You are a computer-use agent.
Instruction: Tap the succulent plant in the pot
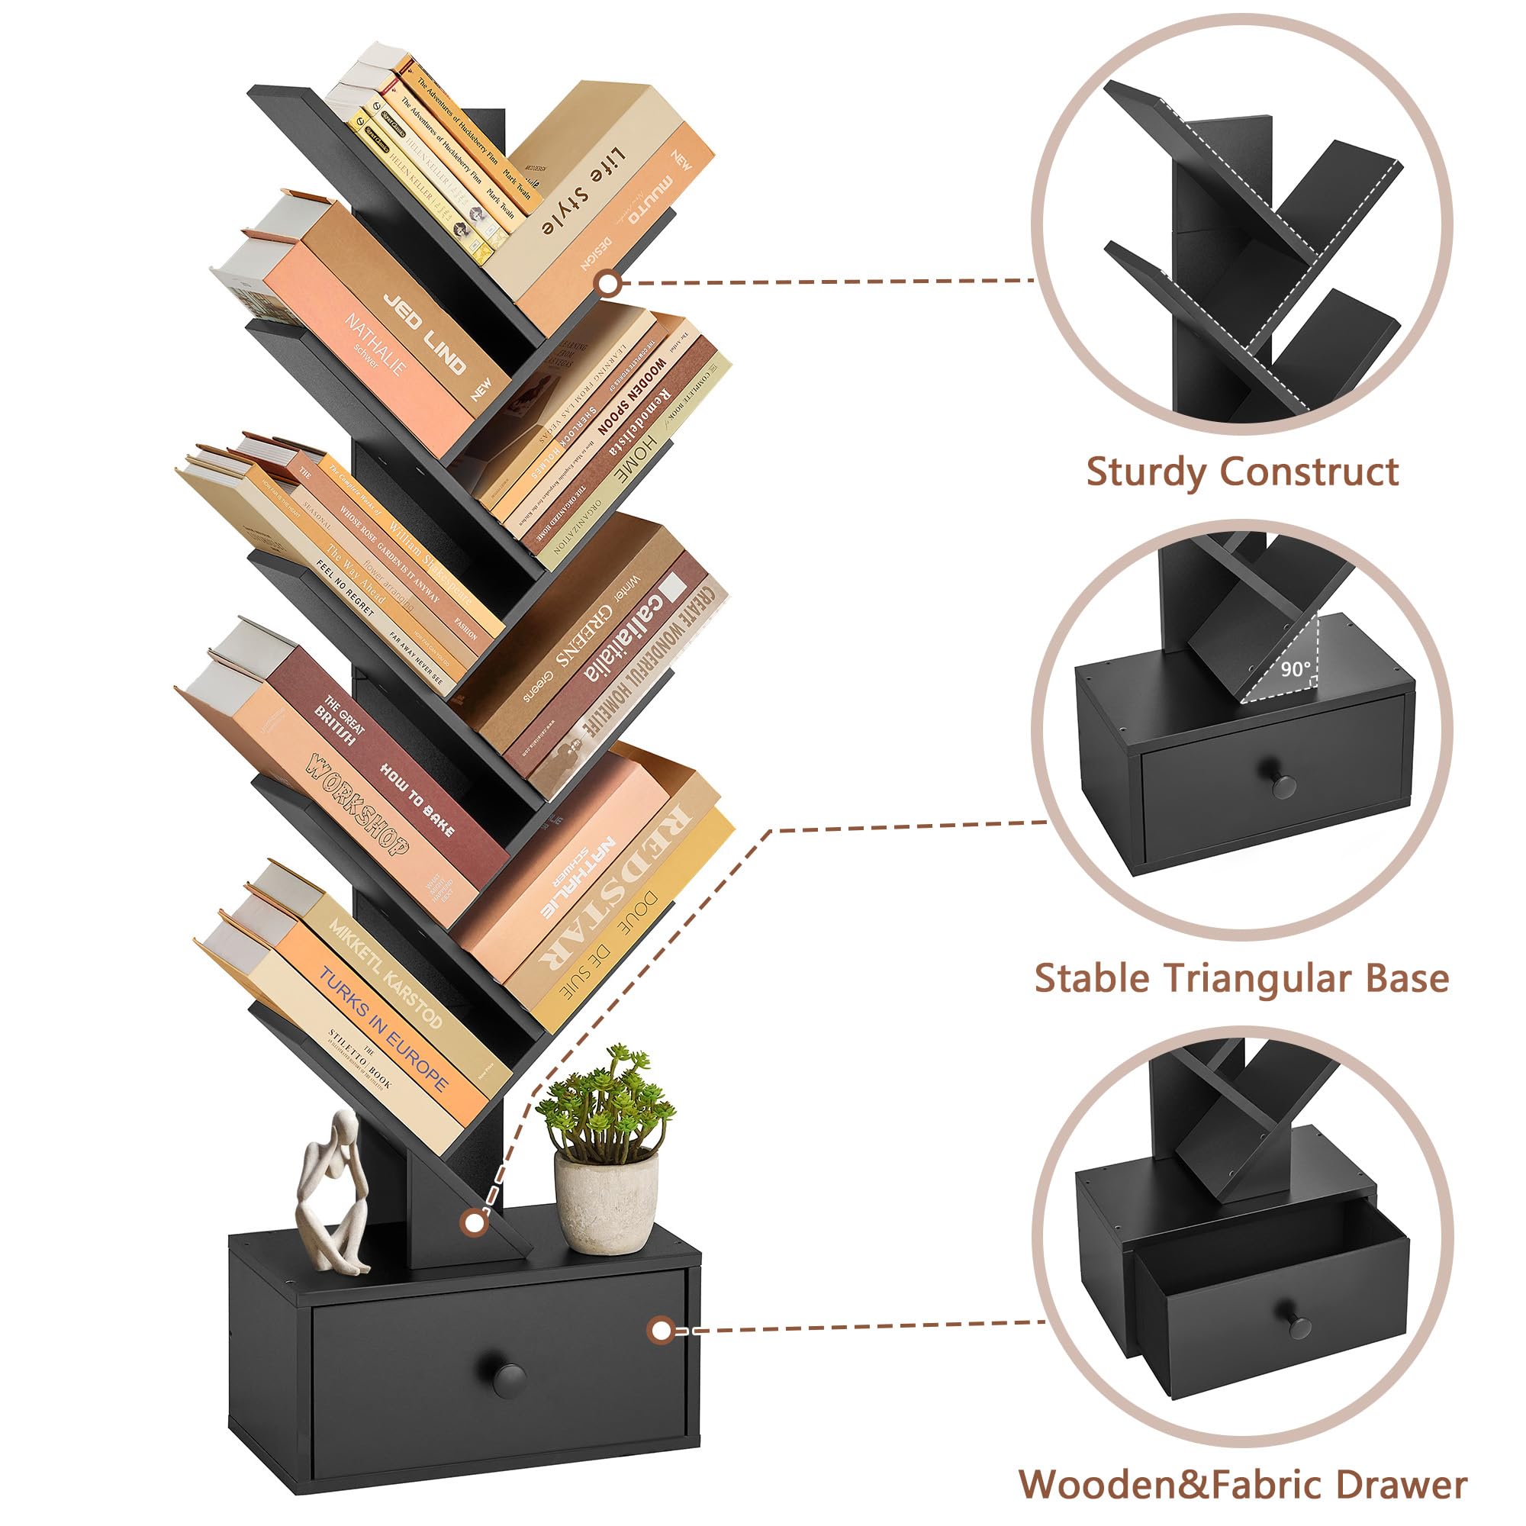point(605,1106)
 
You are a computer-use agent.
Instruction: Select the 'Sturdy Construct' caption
point(1241,473)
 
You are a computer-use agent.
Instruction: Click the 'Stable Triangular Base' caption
point(1241,979)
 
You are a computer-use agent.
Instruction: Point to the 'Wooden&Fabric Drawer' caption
point(1242,1485)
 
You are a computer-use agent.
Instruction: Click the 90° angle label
point(1296,669)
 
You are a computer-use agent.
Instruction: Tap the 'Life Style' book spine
point(585,189)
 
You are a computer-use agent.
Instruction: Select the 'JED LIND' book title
point(424,333)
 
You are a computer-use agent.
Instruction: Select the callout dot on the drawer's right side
point(659,1330)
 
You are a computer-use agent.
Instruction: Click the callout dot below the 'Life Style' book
point(607,282)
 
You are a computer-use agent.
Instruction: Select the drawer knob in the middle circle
point(1283,785)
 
